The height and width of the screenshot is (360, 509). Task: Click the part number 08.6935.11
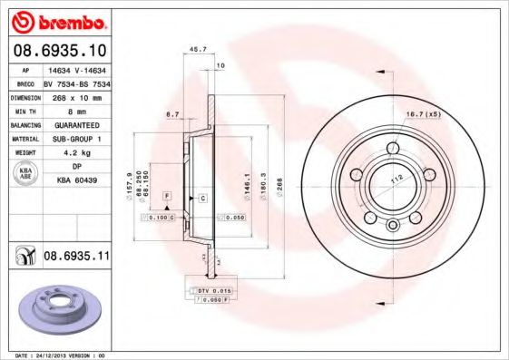[75, 257]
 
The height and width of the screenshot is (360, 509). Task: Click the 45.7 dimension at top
[193, 49]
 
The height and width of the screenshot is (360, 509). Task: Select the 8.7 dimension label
[171, 113]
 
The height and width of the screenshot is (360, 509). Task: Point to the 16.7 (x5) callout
[422, 114]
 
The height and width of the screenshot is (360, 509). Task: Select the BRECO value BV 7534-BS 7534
[75, 81]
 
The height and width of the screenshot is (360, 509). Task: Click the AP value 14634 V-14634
[75, 67]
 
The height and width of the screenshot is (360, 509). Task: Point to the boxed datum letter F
[166, 196]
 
